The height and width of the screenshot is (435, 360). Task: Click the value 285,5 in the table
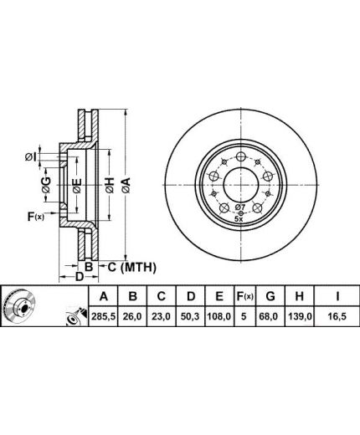click(103, 316)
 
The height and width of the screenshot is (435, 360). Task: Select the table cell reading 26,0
click(132, 316)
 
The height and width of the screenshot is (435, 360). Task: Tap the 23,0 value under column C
click(162, 316)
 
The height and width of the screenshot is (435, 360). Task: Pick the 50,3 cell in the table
click(190, 316)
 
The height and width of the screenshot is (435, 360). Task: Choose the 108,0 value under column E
click(219, 316)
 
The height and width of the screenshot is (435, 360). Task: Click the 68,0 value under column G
click(270, 316)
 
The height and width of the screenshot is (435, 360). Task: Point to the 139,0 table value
click(299, 316)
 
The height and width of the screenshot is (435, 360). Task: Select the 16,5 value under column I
click(337, 316)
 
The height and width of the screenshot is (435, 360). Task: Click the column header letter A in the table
click(104, 296)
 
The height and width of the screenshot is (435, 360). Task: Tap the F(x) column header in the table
click(245, 296)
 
